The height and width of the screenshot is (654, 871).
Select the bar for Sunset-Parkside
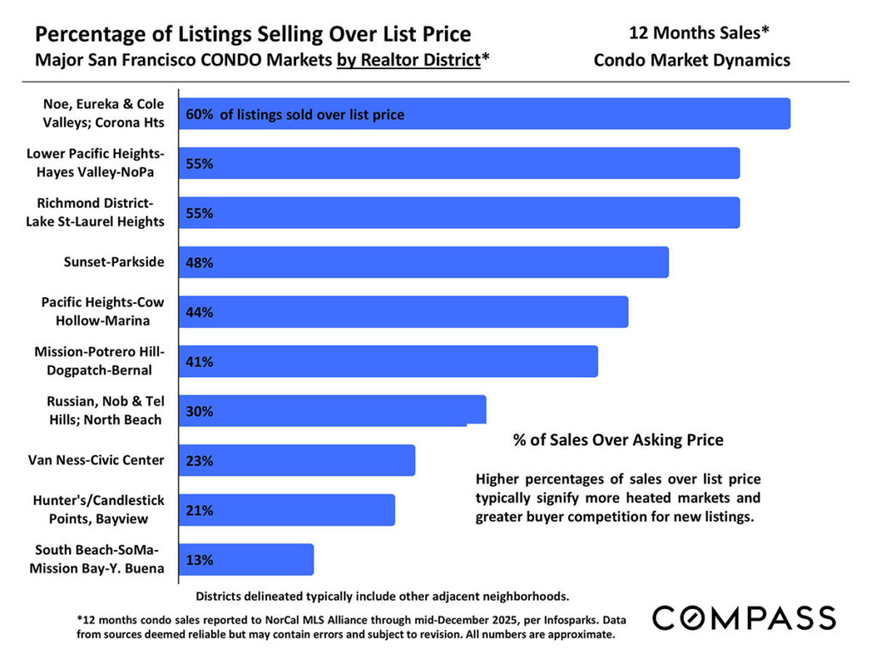(424, 262)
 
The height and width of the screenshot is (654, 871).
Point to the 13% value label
(199, 560)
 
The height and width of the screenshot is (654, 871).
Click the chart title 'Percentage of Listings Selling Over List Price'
(253, 35)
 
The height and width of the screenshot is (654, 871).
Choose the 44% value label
(199, 313)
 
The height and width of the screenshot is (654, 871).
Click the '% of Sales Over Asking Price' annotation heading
(618, 440)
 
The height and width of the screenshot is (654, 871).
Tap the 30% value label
(199, 411)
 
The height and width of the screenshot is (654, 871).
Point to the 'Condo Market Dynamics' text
(692, 60)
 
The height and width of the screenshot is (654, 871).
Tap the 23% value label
(199, 461)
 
